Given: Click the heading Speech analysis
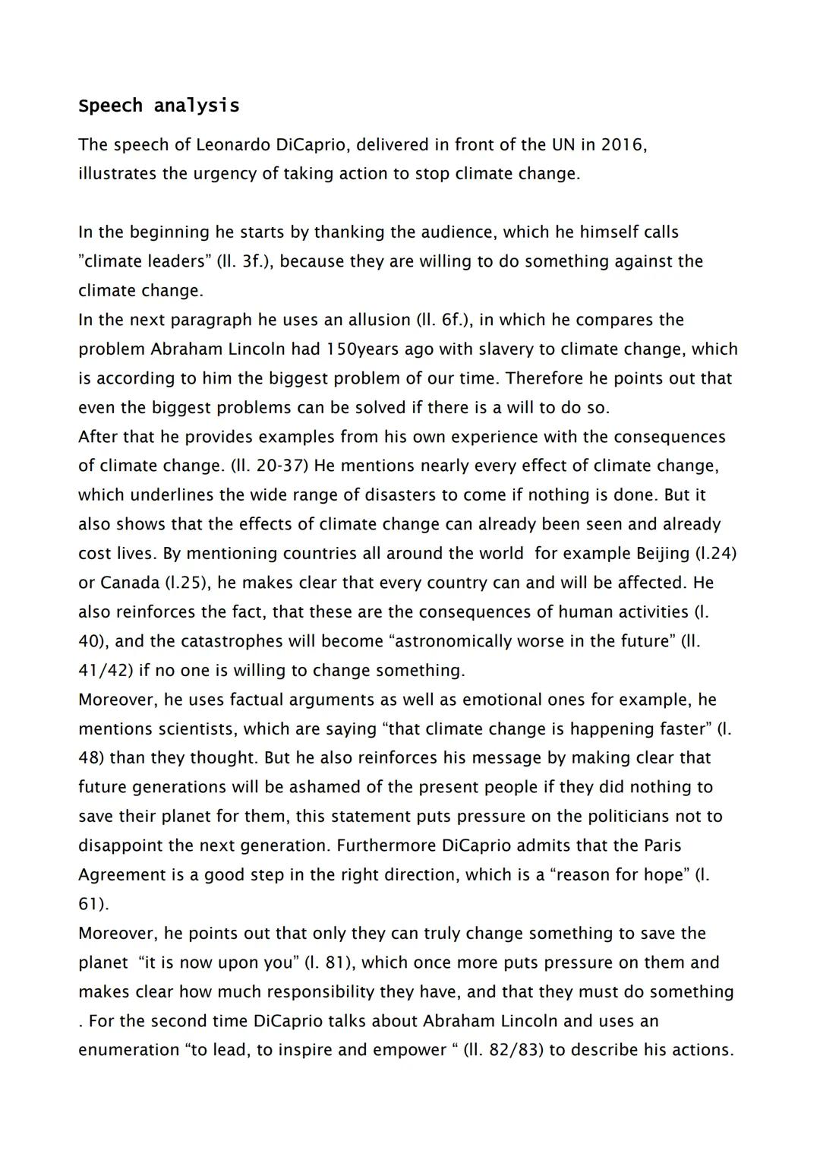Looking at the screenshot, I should (159, 106).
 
